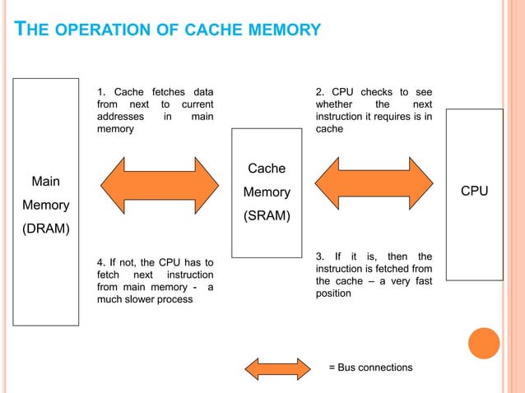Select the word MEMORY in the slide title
(x=280, y=31)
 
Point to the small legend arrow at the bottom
(x=280, y=367)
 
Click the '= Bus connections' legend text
(x=370, y=367)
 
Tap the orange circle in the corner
(x=484, y=344)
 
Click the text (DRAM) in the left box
(x=50, y=228)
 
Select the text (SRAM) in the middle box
(x=267, y=216)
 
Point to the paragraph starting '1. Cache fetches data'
(x=155, y=110)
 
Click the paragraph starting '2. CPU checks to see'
(x=374, y=110)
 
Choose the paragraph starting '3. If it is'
(x=374, y=275)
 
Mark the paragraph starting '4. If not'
(x=155, y=280)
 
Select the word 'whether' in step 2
(x=336, y=104)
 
